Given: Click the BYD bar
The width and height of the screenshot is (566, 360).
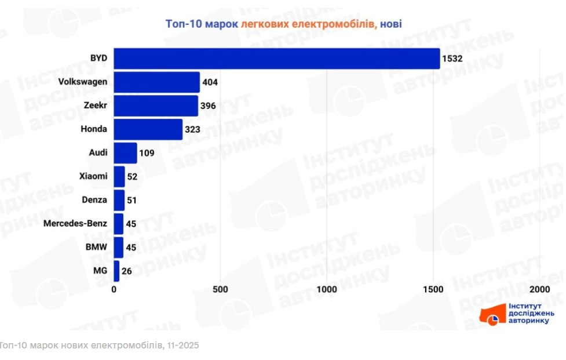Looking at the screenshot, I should [277, 59].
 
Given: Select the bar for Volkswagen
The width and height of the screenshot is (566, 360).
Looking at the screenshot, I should [157, 82].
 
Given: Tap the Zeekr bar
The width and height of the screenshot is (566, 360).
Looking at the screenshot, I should [156, 106].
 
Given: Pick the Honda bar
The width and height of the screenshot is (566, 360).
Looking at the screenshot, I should [148, 129].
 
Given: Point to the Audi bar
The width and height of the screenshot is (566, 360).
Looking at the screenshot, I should [125, 153].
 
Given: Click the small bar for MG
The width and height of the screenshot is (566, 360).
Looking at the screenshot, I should [116, 271].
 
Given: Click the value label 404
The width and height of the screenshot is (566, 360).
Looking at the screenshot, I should [210, 82].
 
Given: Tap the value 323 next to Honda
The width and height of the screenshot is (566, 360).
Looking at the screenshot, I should [192, 129].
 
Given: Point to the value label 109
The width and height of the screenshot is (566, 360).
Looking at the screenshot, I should [147, 153].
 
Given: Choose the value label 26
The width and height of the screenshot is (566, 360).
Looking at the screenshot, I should [126, 271].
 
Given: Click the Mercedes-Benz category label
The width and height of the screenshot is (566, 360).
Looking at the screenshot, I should [75, 224].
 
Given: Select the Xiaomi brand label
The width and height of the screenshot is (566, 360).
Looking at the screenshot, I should [93, 176].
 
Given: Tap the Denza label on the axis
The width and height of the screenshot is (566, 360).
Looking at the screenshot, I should [94, 200].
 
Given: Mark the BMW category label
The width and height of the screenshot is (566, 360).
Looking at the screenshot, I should [97, 247].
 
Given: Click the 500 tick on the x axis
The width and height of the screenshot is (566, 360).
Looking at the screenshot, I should [220, 289].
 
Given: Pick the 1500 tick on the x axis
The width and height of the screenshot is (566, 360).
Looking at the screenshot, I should [433, 289].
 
